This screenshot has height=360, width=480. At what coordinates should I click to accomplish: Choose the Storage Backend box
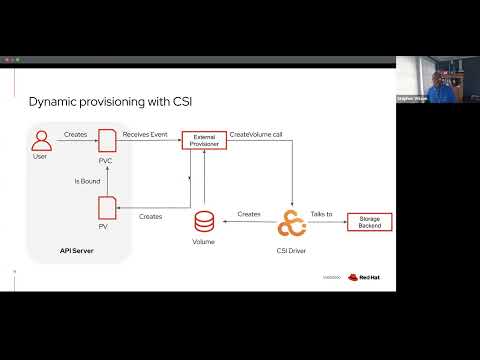[369, 221]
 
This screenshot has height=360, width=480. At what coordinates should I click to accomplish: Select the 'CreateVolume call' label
[256, 134]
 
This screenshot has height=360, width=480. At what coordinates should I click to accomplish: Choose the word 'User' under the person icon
[40, 157]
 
